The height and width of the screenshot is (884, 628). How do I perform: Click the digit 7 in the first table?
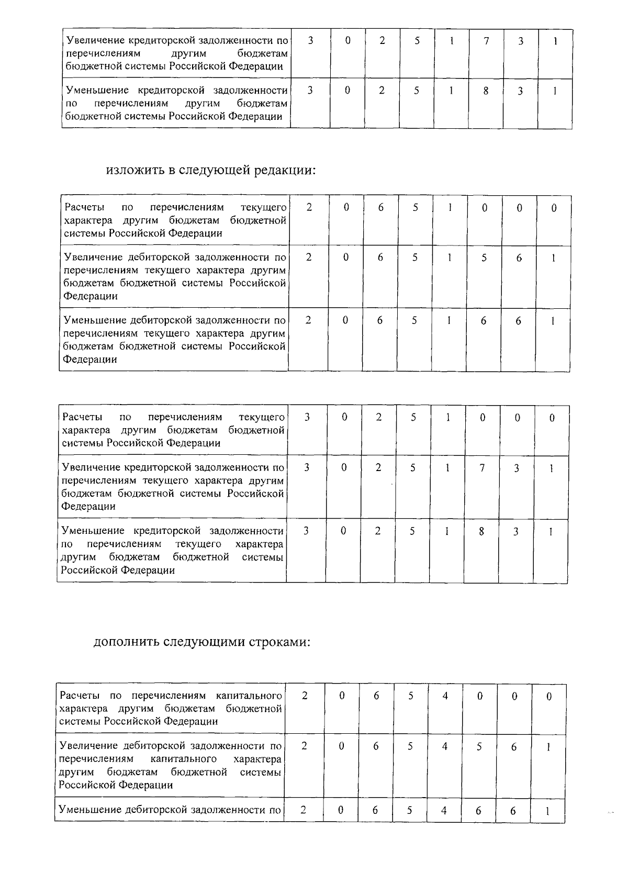coord(486,41)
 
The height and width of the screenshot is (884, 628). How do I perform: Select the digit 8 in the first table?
coord(486,91)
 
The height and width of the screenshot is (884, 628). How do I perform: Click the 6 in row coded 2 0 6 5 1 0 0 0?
coord(380,208)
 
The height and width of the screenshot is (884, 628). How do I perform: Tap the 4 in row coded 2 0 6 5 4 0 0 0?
coord(445,696)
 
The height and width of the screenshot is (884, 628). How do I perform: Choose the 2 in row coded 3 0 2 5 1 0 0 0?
coord(378,417)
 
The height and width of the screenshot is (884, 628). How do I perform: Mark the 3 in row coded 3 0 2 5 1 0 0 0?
coord(307,417)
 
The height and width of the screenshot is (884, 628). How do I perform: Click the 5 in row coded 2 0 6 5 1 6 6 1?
coord(414,321)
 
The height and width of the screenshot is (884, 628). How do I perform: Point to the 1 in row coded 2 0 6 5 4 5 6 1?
coord(548,747)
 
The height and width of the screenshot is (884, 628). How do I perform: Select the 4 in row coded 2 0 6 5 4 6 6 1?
coord(444,810)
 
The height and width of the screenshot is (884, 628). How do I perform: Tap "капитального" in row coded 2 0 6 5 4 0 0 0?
coord(249,696)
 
